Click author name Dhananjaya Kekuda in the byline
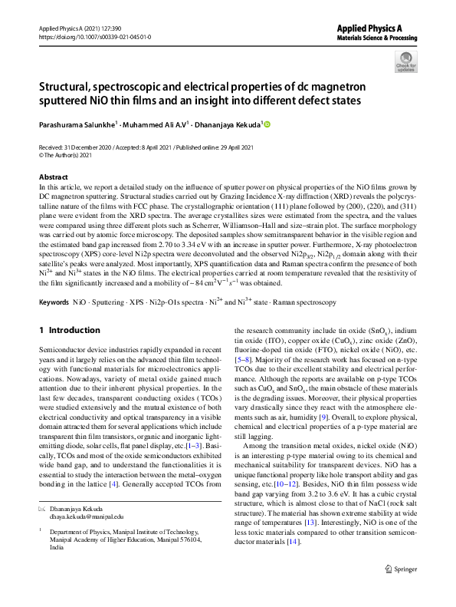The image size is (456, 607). [221, 124]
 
